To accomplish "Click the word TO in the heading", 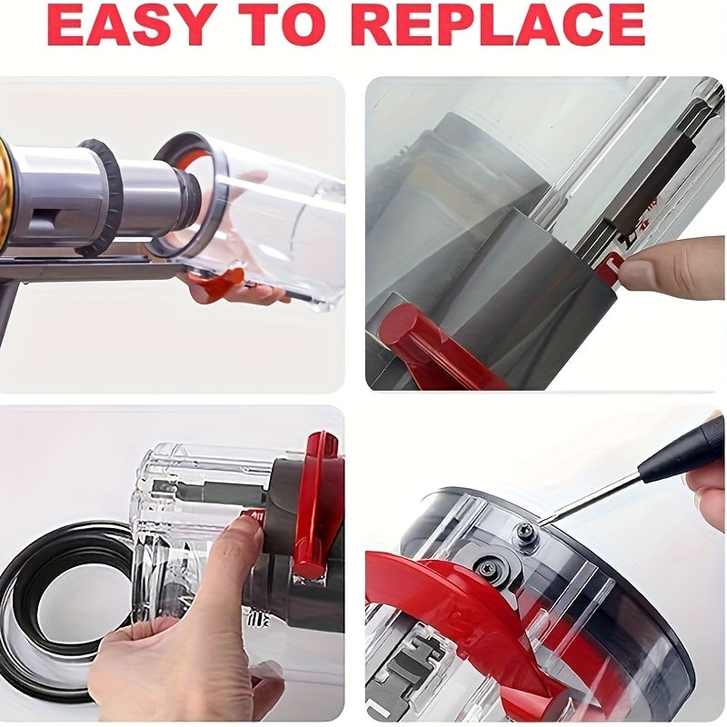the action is tap(282, 25).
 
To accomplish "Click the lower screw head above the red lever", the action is tap(487, 566).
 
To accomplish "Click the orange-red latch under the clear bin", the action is tap(219, 284).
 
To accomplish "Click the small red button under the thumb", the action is tap(253, 516).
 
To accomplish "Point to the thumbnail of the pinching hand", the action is tap(638, 269).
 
